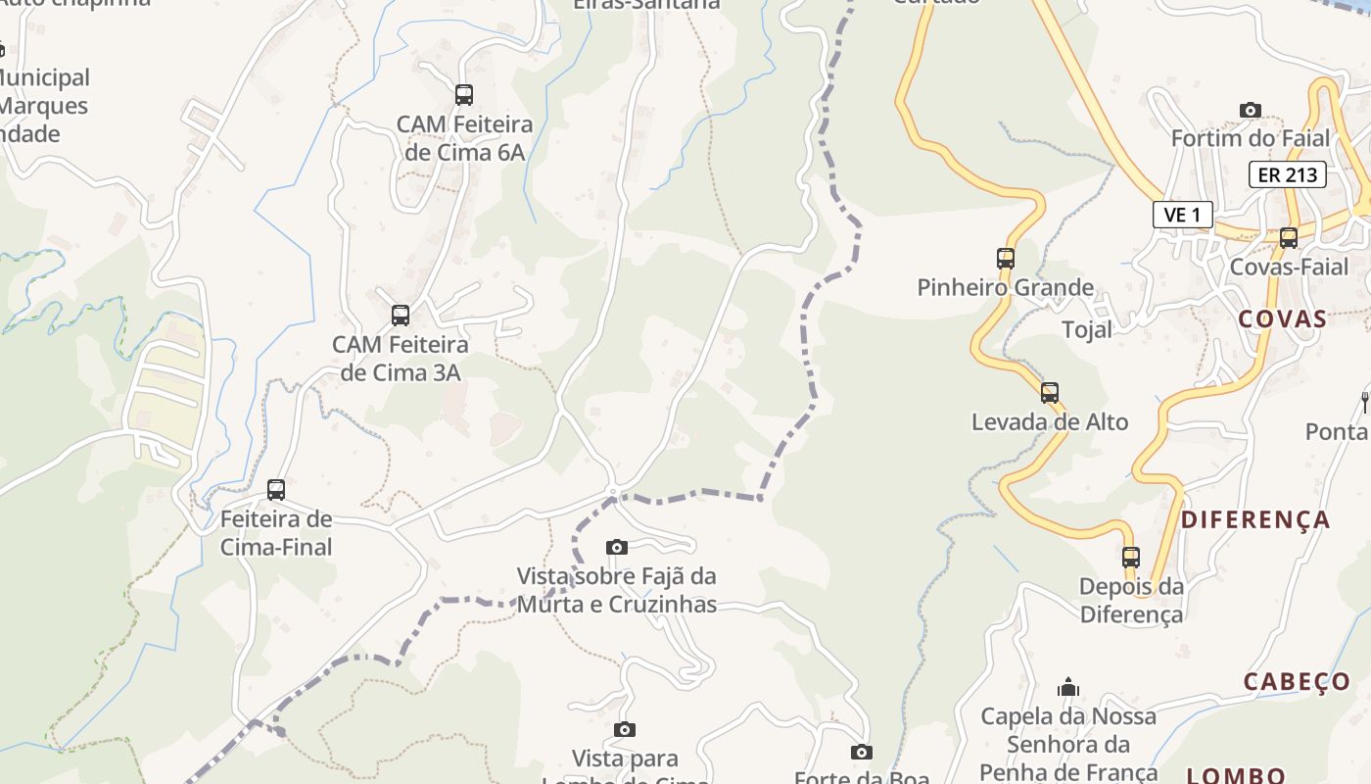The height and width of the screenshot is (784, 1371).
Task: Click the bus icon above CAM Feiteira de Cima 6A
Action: click(464, 95)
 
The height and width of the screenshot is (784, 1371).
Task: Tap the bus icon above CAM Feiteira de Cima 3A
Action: click(401, 316)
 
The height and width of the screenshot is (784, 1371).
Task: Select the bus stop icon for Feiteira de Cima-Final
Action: click(276, 489)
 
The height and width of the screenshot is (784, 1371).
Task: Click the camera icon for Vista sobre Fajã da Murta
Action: click(616, 547)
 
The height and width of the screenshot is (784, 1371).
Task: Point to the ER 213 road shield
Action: click(1287, 175)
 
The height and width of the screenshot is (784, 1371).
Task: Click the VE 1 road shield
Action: click(1183, 215)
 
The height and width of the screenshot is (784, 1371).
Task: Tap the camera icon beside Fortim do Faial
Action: click(1251, 110)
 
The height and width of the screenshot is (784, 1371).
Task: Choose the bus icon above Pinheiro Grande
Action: click(1006, 259)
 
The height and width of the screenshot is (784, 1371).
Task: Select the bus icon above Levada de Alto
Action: click(1050, 393)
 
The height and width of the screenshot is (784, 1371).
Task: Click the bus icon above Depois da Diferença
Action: click(1131, 558)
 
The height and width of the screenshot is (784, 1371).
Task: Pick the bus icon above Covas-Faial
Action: click(1289, 238)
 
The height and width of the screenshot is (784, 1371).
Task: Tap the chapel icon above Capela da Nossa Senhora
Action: click(1068, 687)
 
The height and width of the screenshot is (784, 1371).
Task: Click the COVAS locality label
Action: click(1283, 319)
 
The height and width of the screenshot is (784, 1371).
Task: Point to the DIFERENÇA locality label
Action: click(1255, 519)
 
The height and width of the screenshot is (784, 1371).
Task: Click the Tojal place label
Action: click(1087, 330)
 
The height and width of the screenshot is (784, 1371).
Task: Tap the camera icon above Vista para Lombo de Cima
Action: click(625, 729)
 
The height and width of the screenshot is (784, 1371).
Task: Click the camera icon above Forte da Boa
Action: click(862, 752)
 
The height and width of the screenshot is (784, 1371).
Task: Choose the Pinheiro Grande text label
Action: click(1006, 287)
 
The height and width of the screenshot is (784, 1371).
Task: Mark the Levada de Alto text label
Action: click(1050, 422)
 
